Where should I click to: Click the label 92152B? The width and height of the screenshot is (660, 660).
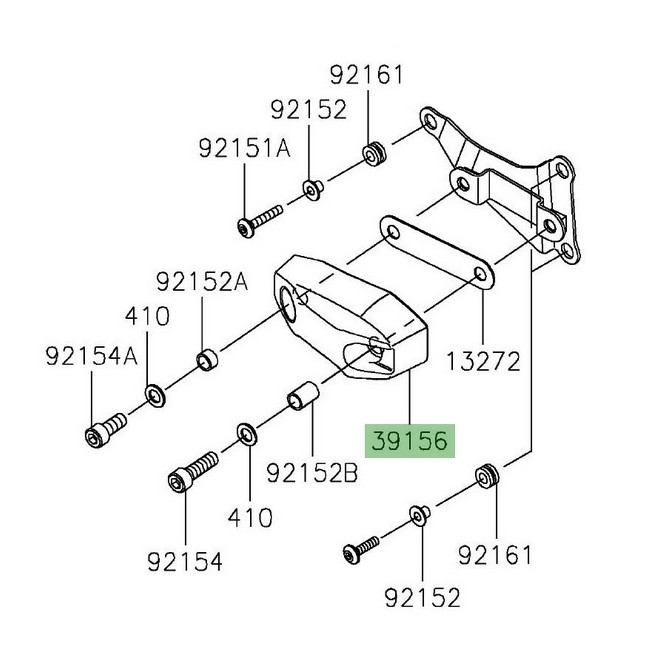312,473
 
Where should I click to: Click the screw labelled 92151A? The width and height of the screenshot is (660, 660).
257,222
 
